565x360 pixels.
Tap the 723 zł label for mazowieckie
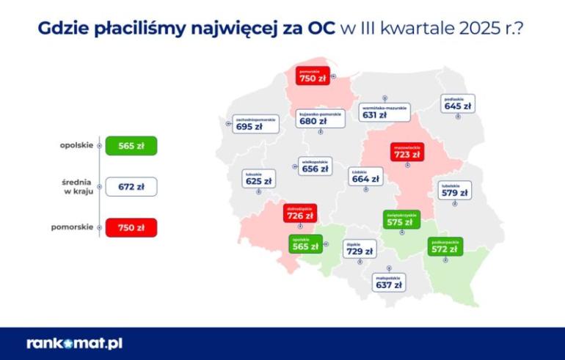(406, 151)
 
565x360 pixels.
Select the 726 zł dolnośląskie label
(300, 213)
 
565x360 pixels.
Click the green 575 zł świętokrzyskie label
(401, 219)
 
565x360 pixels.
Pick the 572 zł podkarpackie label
(445, 246)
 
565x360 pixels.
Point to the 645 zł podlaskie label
(458, 103)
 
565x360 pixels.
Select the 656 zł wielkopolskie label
(315, 166)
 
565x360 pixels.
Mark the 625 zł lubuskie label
(258, 178)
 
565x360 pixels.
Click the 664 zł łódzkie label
(365, 176)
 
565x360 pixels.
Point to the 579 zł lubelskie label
(455, 190)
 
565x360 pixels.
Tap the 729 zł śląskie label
(360, 249)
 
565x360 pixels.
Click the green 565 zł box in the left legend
(131, 145)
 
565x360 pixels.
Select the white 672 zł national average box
(131, 187)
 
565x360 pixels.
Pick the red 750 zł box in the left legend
(131, 228)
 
